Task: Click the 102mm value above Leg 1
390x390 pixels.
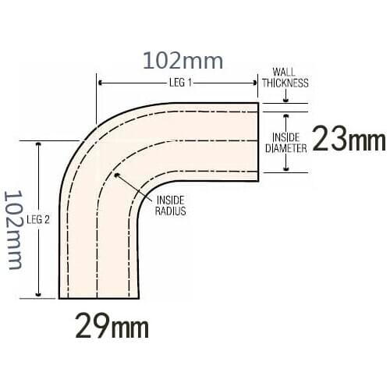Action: (x=182, y=60)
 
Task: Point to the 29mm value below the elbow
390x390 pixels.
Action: (x=112, y=326)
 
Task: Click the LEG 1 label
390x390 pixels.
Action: (x=179, y=82)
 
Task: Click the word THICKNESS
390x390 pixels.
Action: (x=285, y=83)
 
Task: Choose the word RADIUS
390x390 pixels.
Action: (x=171, y=211)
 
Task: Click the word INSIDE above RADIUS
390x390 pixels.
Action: (x=171, y=200)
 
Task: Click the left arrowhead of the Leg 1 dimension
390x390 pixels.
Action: (x=100, y=82)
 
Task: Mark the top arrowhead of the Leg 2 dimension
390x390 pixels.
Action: (x=37, y=145)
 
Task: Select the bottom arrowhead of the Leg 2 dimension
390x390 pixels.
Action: (x=37, y=294)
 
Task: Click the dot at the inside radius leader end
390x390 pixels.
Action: (x=118, y=175)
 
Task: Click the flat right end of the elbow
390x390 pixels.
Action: (x=258, y=142)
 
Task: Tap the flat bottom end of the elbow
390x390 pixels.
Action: (x=99, y=298)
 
